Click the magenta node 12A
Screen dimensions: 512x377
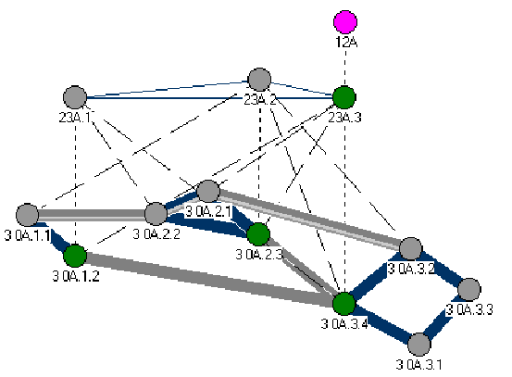click(345, 22)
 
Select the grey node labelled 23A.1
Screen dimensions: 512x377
click(75, 97)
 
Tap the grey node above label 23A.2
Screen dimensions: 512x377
click(259, 80)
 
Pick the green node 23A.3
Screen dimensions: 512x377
click(344, 97)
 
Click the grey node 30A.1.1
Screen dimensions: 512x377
click(28, 215)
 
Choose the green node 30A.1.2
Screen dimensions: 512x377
click(75, 256)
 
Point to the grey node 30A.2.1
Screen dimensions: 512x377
click(208, 191)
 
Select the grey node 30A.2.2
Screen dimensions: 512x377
click(156, 214)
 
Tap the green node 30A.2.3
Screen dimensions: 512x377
click(258, 234)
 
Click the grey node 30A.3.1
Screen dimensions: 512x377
click(419, 345)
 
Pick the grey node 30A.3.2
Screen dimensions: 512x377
click(411, 249)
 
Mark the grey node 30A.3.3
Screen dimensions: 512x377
click(469, 289)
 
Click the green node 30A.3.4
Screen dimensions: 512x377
click(344, 304)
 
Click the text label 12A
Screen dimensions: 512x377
click(346, 42)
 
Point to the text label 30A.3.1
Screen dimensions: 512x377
click(418, 364)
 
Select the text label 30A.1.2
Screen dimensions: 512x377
click(76, 276)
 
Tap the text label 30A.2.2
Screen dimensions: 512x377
click(156, 234)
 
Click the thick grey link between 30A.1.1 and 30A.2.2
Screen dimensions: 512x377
click(92, 215)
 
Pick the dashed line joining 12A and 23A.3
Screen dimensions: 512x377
click(345, 68)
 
